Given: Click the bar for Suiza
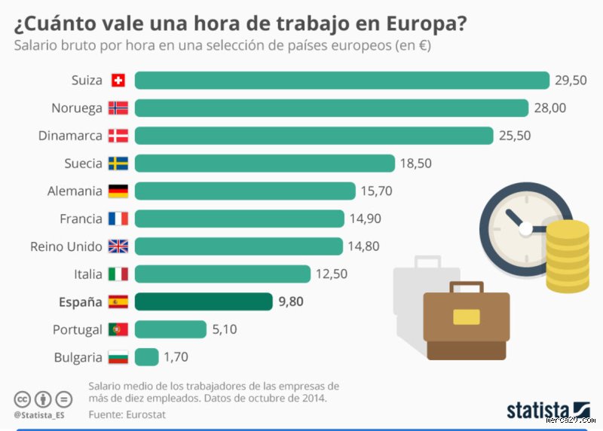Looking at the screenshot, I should (x=341, y=81).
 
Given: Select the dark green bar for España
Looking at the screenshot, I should (x=204, y=301).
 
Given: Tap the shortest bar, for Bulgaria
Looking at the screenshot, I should (x=146, y=357).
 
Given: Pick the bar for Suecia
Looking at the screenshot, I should (x=265, y=164).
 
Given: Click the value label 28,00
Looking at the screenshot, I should (x=550, y=109).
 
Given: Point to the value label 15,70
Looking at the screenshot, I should (x=376, y=191).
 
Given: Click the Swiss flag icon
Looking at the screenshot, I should (x=118, y=81).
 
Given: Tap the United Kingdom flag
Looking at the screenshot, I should (x=118, y=246).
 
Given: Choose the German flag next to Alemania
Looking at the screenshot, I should (x=118, y=191).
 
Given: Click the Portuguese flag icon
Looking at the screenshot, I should (x=118, y=329).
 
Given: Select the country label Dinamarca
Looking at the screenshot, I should (x=70, y=136).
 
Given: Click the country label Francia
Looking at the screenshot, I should (x=81, y=219).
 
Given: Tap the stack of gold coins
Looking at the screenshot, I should (x=568, y=256).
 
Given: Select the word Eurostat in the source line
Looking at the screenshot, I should (x=145, y=414).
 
